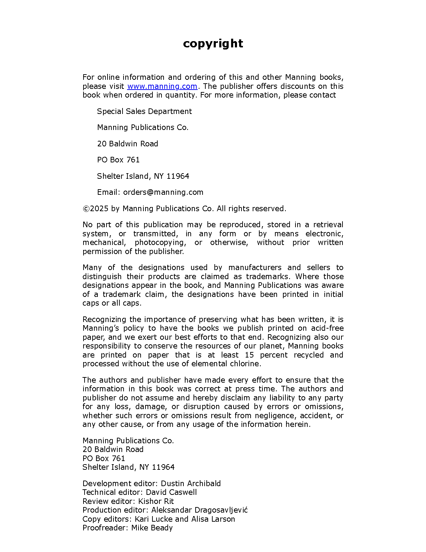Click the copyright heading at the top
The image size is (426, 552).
pyautogui.click(x=213, y=44)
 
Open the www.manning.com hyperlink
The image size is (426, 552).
pyautogui.click(x=162, y=86)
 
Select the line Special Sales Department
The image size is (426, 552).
pyautogui.click(x=144, y=112)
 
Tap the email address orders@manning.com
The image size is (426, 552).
pyautogui.click(x=163, y=192)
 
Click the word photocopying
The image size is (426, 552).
pyautogui.click(x=160, y=243)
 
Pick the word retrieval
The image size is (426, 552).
pyautogui.click(x=328, y=225)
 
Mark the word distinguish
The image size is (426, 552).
pyautogui.click(x=102, y=277)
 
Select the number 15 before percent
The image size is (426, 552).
pyautogui.click(x=249, y=355)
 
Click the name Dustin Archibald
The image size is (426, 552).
pyautogui.click(x=191, y=484)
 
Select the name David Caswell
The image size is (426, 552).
pyautogui.click(x=171, y=492)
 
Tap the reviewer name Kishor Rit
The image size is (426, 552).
pyautogui.click(x=156, y=501)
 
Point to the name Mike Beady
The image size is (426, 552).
pyautogui.click(x=152, y=528)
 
